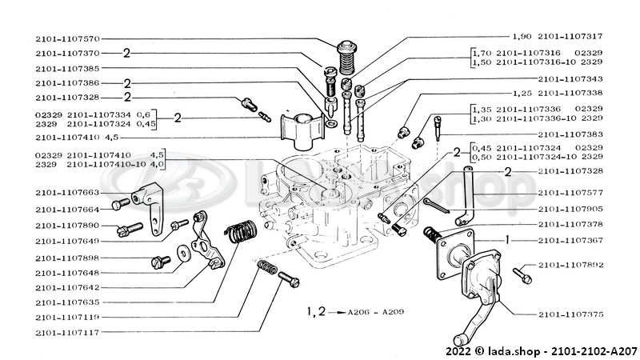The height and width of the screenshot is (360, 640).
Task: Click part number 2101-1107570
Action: coord(67,38)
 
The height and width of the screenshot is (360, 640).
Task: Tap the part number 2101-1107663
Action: coord(67,193)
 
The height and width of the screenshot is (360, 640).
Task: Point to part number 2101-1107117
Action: coord(67,330)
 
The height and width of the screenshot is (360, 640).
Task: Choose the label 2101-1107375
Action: coord(572,314)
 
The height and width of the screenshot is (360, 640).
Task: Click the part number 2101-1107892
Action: coord(572,264)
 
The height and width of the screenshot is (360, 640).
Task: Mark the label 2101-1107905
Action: coord(572,209)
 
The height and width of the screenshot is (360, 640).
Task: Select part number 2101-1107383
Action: coord(572,134)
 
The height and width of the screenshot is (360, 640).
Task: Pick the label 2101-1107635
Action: coord(67,302)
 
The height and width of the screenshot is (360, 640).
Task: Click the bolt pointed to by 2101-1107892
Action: coord(521,274)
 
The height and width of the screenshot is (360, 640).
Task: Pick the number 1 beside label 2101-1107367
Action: coord(506,239)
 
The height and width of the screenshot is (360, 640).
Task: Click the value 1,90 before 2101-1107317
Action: coord(522,37)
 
